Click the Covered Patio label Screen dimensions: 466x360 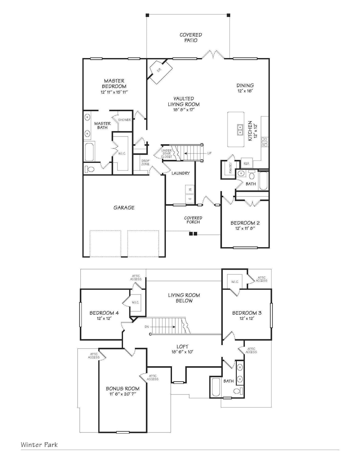coord(191,38)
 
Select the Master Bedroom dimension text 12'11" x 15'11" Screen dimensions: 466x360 coord(114,92)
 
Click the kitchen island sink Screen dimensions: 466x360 coord(240,129)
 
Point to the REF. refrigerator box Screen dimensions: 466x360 coord(246,164)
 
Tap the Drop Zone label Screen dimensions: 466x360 coord(145,162)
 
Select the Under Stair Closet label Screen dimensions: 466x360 coord(167,153)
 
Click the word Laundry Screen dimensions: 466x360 coord(181,173)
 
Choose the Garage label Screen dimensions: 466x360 coord(124,208)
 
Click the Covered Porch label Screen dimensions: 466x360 coord(193,220)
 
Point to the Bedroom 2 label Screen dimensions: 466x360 coord(245,223)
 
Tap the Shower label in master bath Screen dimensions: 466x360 coord(125,120)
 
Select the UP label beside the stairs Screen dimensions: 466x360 coord(209,153)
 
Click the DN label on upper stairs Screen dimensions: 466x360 coord(147,327)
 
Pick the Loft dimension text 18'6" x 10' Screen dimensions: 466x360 coord(183,352)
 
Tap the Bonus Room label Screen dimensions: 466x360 coord(123,389)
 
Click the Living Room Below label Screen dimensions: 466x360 coord(184,298)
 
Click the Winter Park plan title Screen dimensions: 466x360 coord(39,445)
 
